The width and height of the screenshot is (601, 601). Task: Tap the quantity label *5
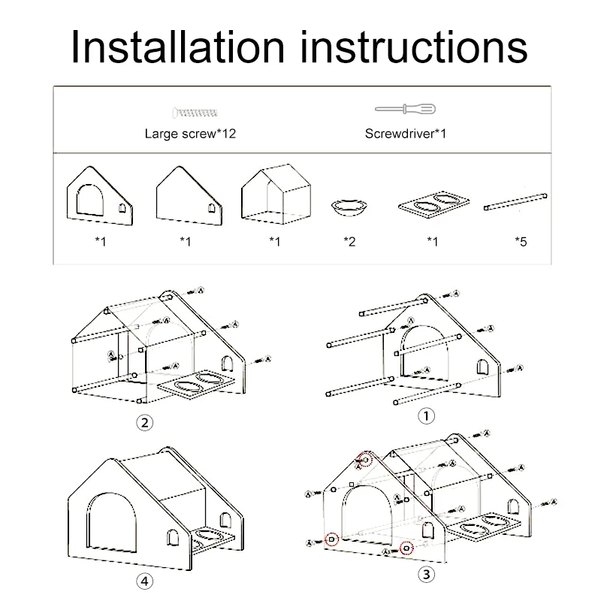tap(521, 242)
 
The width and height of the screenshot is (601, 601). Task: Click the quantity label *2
tap(349, 242)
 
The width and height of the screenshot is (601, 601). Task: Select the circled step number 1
tap(427, 416)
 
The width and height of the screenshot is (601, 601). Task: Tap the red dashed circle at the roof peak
tap(367, 459)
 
